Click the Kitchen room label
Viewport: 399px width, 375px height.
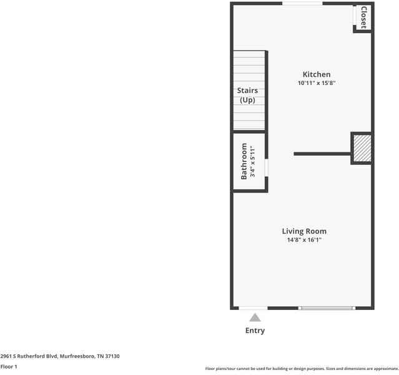(x=317, y=74)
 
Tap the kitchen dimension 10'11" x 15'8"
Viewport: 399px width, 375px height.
(x=317, y=83)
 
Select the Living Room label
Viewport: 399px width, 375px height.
(x=304, y=231)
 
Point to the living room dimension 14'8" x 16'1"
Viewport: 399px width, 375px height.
(x=304, y=240)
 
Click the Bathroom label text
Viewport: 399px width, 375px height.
(x=244, y=161)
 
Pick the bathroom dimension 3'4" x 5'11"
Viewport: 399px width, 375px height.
(x=253, y=161)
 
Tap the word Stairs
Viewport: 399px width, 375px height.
(x=247, y=91)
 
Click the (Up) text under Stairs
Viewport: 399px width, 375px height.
(x=247, y=100)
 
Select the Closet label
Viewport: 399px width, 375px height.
(x=363, y=17)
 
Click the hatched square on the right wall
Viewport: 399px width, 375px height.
(x=362, y=148)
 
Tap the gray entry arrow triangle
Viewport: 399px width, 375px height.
(x=255, y=317)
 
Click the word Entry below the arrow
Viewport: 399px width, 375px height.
(x=255, y=331)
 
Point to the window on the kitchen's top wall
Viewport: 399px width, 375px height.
(x=302, y=4)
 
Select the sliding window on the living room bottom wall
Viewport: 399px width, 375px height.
(x=327, y=307)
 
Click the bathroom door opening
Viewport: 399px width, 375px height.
(x=267, y=168)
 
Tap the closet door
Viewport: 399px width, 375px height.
(x=355, y=17)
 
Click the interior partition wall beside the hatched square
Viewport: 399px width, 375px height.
(x=322, y=153)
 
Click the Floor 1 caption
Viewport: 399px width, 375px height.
(x=9, y=366)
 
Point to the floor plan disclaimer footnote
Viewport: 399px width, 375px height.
(x=302, y=369)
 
